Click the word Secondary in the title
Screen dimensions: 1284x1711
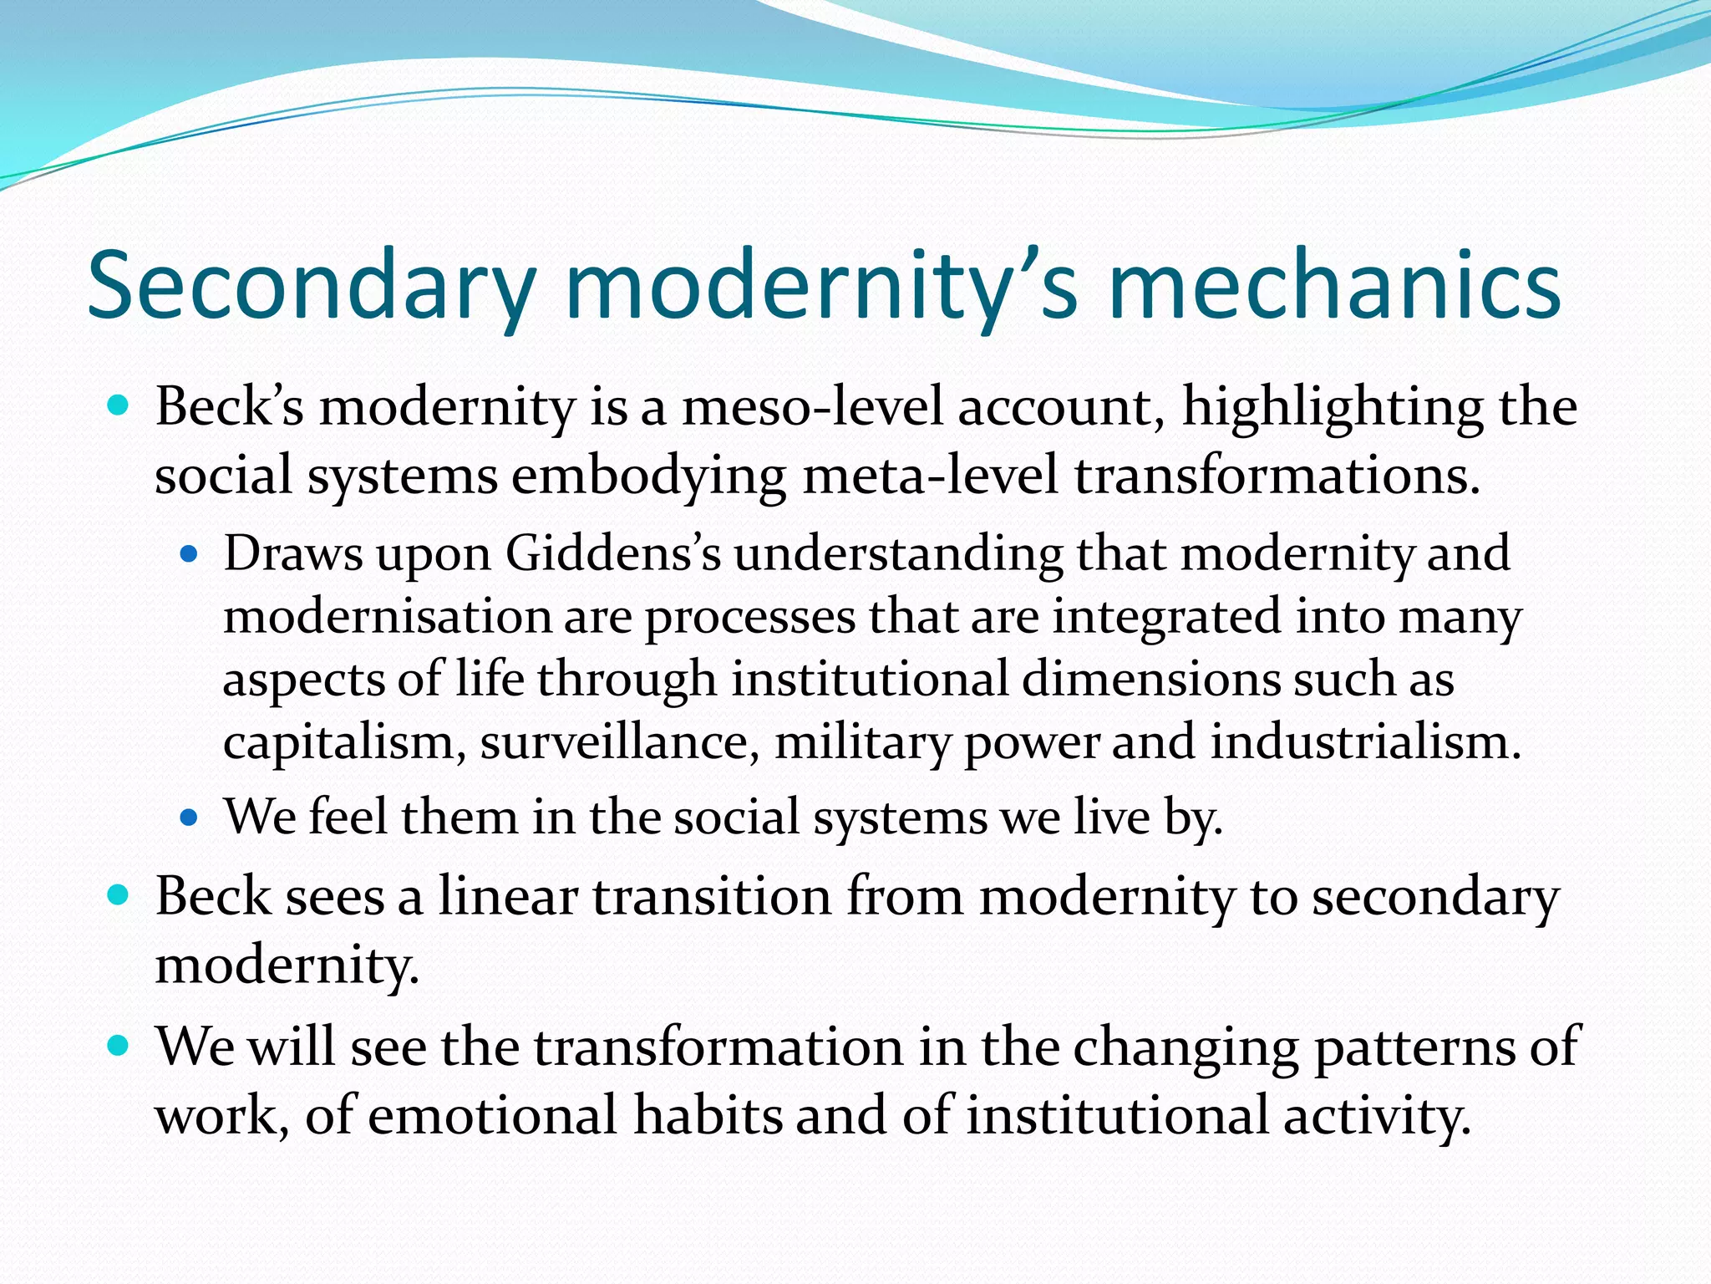[x=309, y=286]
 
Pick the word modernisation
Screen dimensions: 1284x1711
[x=387, y=617]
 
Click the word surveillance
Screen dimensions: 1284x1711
[x=619, y=742]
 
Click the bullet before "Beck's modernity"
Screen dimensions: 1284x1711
[x=119, y=407]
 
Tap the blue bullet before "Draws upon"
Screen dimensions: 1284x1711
[x=190, y=553]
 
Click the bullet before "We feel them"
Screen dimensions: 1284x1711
[x=190, y=817]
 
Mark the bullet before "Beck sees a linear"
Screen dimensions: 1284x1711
[x=119, y=896]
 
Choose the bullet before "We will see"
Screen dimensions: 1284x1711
[x=119, y=1046]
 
